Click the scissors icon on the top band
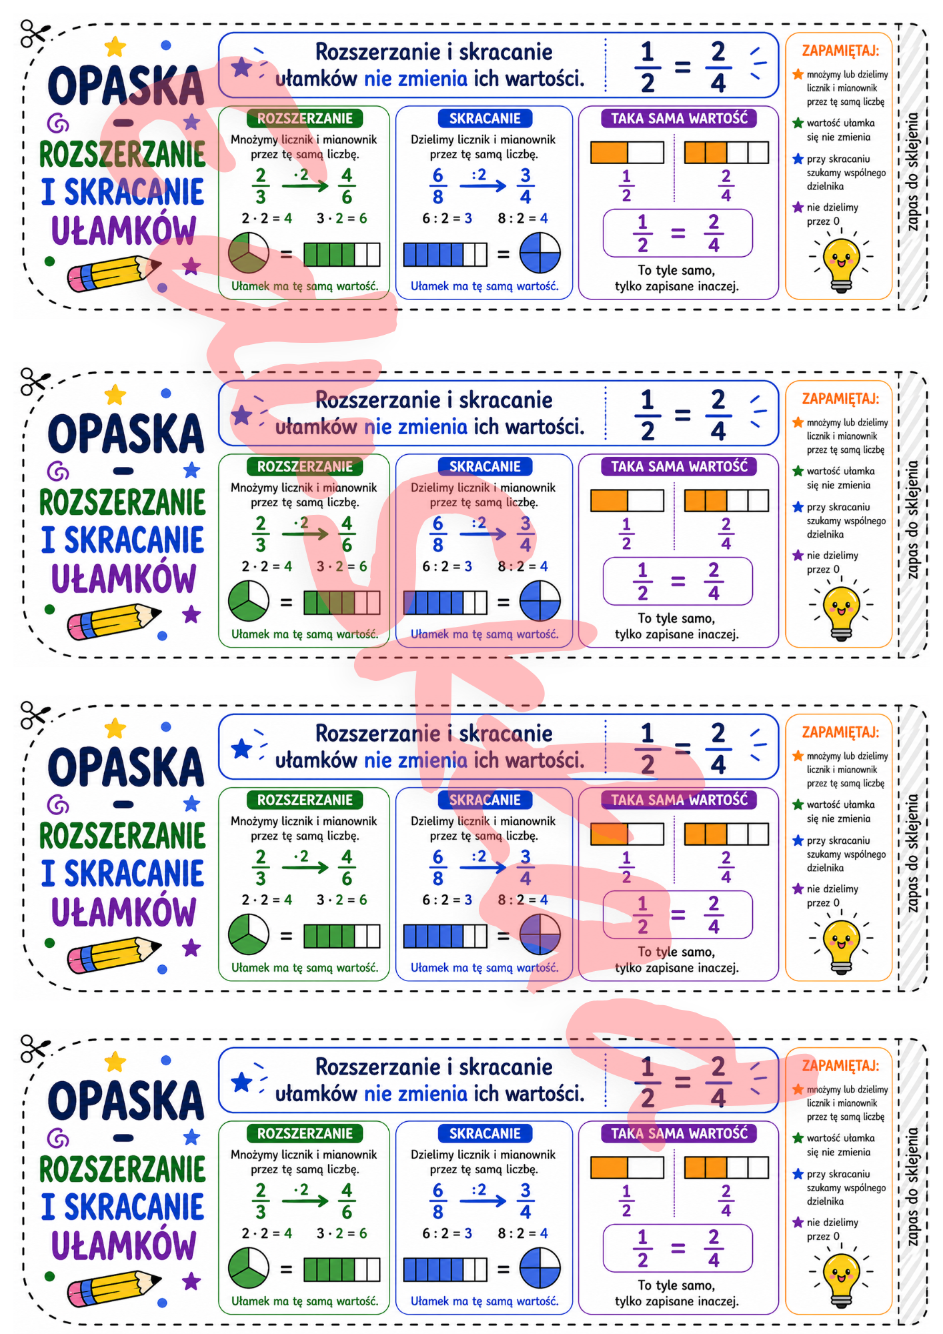click(35, 33)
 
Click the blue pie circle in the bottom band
click(540, 1268)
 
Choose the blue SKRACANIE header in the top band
click(485, 119)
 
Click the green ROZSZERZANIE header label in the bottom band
click(305, 1133)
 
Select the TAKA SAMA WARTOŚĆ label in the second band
click(679, 466)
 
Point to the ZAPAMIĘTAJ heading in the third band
click(840, 732)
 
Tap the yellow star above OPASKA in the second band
click(115, 395)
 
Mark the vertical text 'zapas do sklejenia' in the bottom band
click(912, 1187)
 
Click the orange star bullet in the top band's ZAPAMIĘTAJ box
click(798, 75)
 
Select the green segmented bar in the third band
click(341, 936)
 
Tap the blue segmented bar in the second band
click(445, 602)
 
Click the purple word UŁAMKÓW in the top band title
click(123, 231)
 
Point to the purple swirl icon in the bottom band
click(58, 1139)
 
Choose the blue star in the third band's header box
click(241, 749)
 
